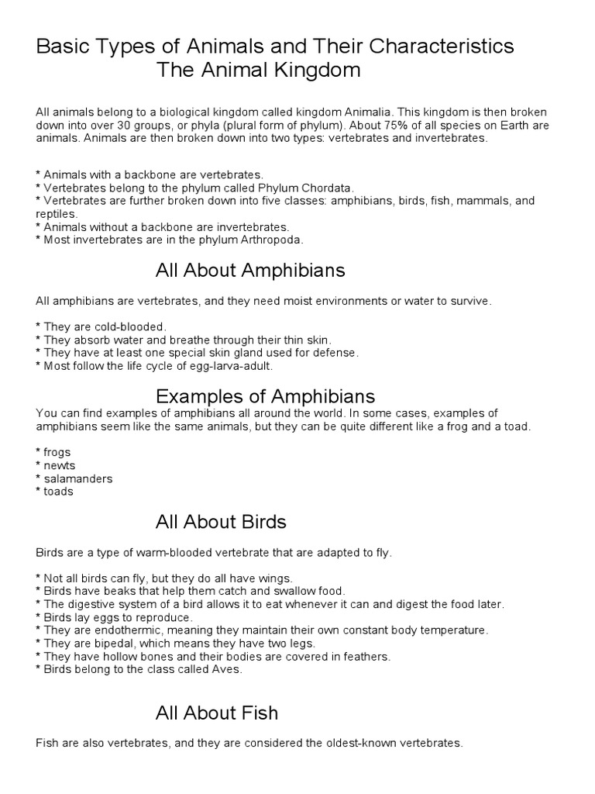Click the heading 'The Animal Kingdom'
(259, 71)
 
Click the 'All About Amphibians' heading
(249, 271)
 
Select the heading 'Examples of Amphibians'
(265, 396)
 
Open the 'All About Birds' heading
(221, 522)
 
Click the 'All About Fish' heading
(216, 712)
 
